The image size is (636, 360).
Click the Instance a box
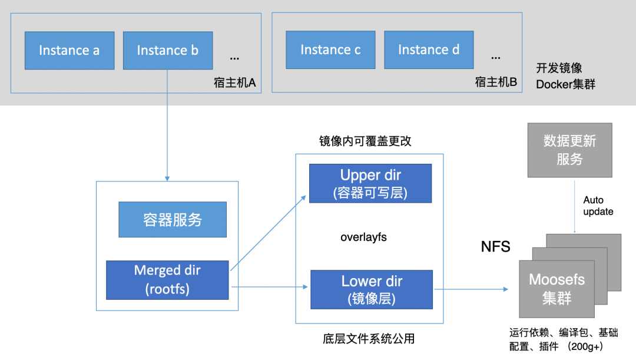(69, 51)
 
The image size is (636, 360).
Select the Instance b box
(168, 51)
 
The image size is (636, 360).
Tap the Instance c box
(330, 50)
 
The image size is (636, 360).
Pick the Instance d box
(429, 50)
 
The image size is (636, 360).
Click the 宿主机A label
(234, 82)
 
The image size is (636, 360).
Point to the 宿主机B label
(496, 82)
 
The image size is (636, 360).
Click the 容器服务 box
(173, 220)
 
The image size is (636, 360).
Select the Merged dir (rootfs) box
(167, 279)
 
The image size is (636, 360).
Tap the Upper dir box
(370, 183)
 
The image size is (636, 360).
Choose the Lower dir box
(372, 289)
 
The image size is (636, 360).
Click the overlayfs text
(363, 237)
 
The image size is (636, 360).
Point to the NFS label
(496, 246)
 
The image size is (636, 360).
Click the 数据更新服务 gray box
(569, 150)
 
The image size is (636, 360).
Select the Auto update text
(598, 206)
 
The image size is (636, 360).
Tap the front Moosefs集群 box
(556, 289)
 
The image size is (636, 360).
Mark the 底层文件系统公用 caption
(369, 339)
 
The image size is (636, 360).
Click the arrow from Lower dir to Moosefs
(471, 289)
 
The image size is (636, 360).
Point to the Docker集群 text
(565, 85)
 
